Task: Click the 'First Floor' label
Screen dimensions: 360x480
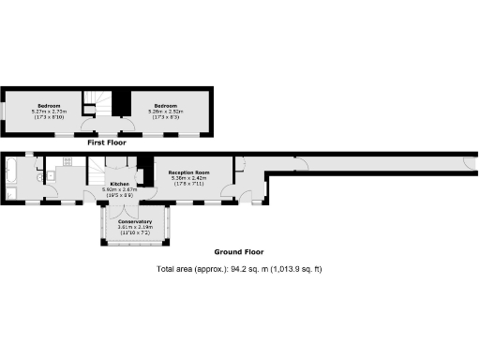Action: [106, 142]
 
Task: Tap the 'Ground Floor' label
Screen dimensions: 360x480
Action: [239, 252]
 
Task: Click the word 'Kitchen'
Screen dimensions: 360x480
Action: [119, 184]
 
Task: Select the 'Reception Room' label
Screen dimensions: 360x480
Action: [187, 173]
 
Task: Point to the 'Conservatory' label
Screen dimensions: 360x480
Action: [135, 221]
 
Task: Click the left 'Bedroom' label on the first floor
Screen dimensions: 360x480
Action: [48, 105]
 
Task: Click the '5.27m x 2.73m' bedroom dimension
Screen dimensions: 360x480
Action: [48, 111]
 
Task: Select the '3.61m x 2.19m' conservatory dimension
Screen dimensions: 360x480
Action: [135, 227]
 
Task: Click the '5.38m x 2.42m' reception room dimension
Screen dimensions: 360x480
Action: [187, 179]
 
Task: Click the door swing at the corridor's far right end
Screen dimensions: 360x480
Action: [459, 164]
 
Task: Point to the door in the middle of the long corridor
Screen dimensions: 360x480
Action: [300, 164]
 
